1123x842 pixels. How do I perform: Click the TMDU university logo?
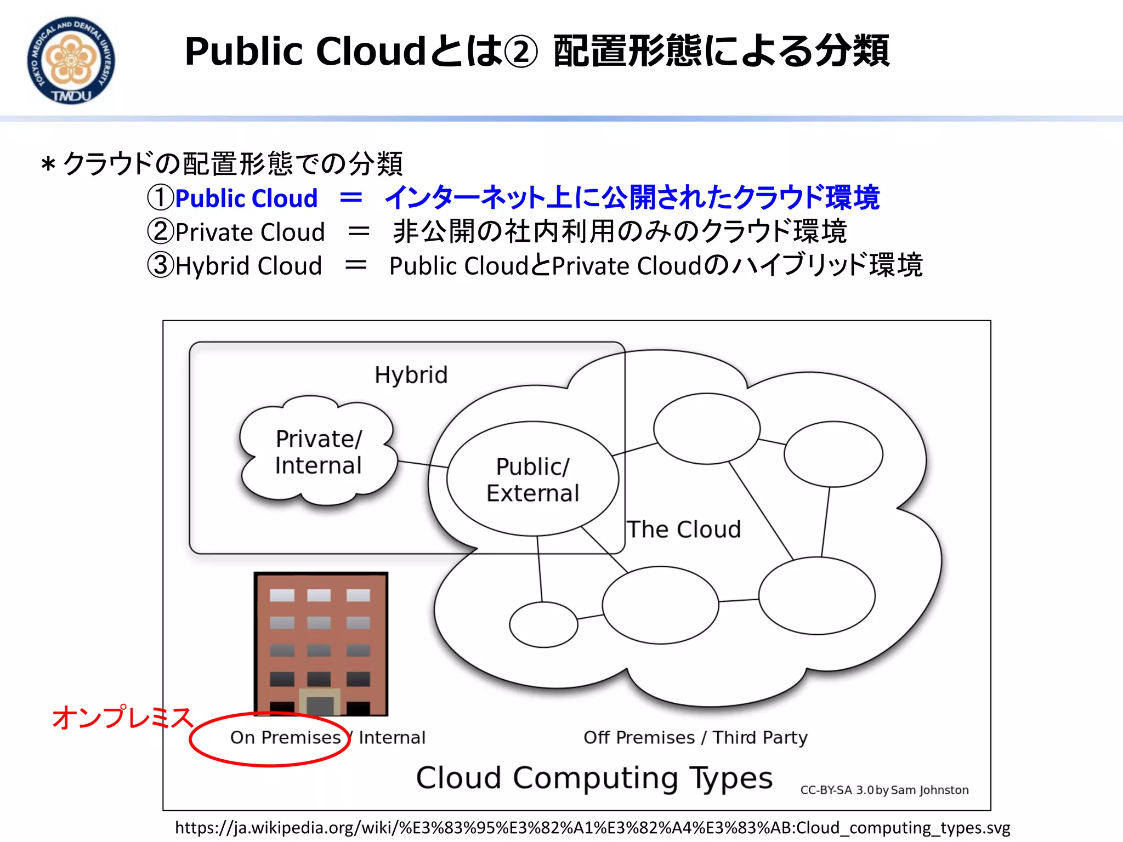(x=71, y=60)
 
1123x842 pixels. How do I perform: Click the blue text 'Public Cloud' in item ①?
(x=246, y=198)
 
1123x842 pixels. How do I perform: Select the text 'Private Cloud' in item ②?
(x=250, y=232)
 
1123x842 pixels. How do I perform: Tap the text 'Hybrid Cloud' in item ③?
(x=248, y=266)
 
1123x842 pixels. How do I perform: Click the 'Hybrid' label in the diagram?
(x=411, y=376)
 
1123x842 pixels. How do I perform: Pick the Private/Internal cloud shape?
(x=318, y=452)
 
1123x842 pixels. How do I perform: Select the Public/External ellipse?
(x=532, y=479)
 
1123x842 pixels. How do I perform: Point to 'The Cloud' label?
(x=684, y=530)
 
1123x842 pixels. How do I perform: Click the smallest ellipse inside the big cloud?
(x=543, y=624)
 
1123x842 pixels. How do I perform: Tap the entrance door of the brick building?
(x=320, y=705)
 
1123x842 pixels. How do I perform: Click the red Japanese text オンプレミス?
(x=122, y=718)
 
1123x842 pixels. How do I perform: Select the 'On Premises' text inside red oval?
(x=285, y=738)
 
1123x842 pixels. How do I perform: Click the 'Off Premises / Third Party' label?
(x=695, y=738)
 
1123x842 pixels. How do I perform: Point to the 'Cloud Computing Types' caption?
(x=594, y=778)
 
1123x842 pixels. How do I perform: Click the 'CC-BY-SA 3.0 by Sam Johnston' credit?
(x=884, y=790)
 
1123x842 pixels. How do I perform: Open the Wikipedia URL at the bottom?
(x=592, y=828)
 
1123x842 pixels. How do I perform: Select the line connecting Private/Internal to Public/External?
(x=422, y=464)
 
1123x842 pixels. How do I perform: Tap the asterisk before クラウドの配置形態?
(x=48, y=164)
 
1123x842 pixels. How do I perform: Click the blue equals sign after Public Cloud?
(x=351, y=198)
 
